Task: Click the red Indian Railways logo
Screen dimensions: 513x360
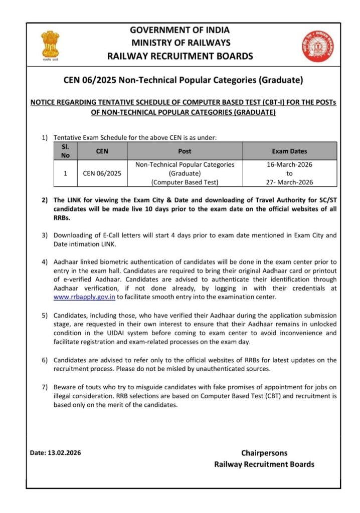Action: pyautogui.click(x=313, y=46)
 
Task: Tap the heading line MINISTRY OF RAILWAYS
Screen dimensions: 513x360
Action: pyautogui.click(x=180, y=43)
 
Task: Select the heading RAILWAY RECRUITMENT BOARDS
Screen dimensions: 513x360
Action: pyautogui.click(x=180, y=56)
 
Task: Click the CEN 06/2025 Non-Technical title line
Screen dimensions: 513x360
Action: pyautogui.click(x=183, y=80)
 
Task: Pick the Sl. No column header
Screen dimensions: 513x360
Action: pyautogui.click(x=65, y=151)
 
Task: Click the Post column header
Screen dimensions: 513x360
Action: pyautogui.click(x=185, y=151)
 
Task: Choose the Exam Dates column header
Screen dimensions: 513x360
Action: pyautogui.click(x=289, y=151)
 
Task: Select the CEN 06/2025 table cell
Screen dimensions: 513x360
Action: pyautogui.click(x=102, y=173)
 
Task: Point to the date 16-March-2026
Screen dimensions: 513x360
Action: pyautogui.click(x=289, y=164)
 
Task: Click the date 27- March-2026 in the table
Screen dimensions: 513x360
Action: pyautogui.click(x=289, y=182)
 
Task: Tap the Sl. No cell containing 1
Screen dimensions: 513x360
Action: pyautogui.click(x=65, y=173)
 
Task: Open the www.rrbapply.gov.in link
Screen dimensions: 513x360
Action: pyautogui.click(x=84, y=297)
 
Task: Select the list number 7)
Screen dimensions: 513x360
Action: pyautogui.click(x=44, y=387)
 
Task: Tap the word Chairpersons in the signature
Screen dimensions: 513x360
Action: pyautogui.click(x=264, y=453)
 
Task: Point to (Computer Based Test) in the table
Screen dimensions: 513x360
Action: pyautogui.click(x=185, y=182)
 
